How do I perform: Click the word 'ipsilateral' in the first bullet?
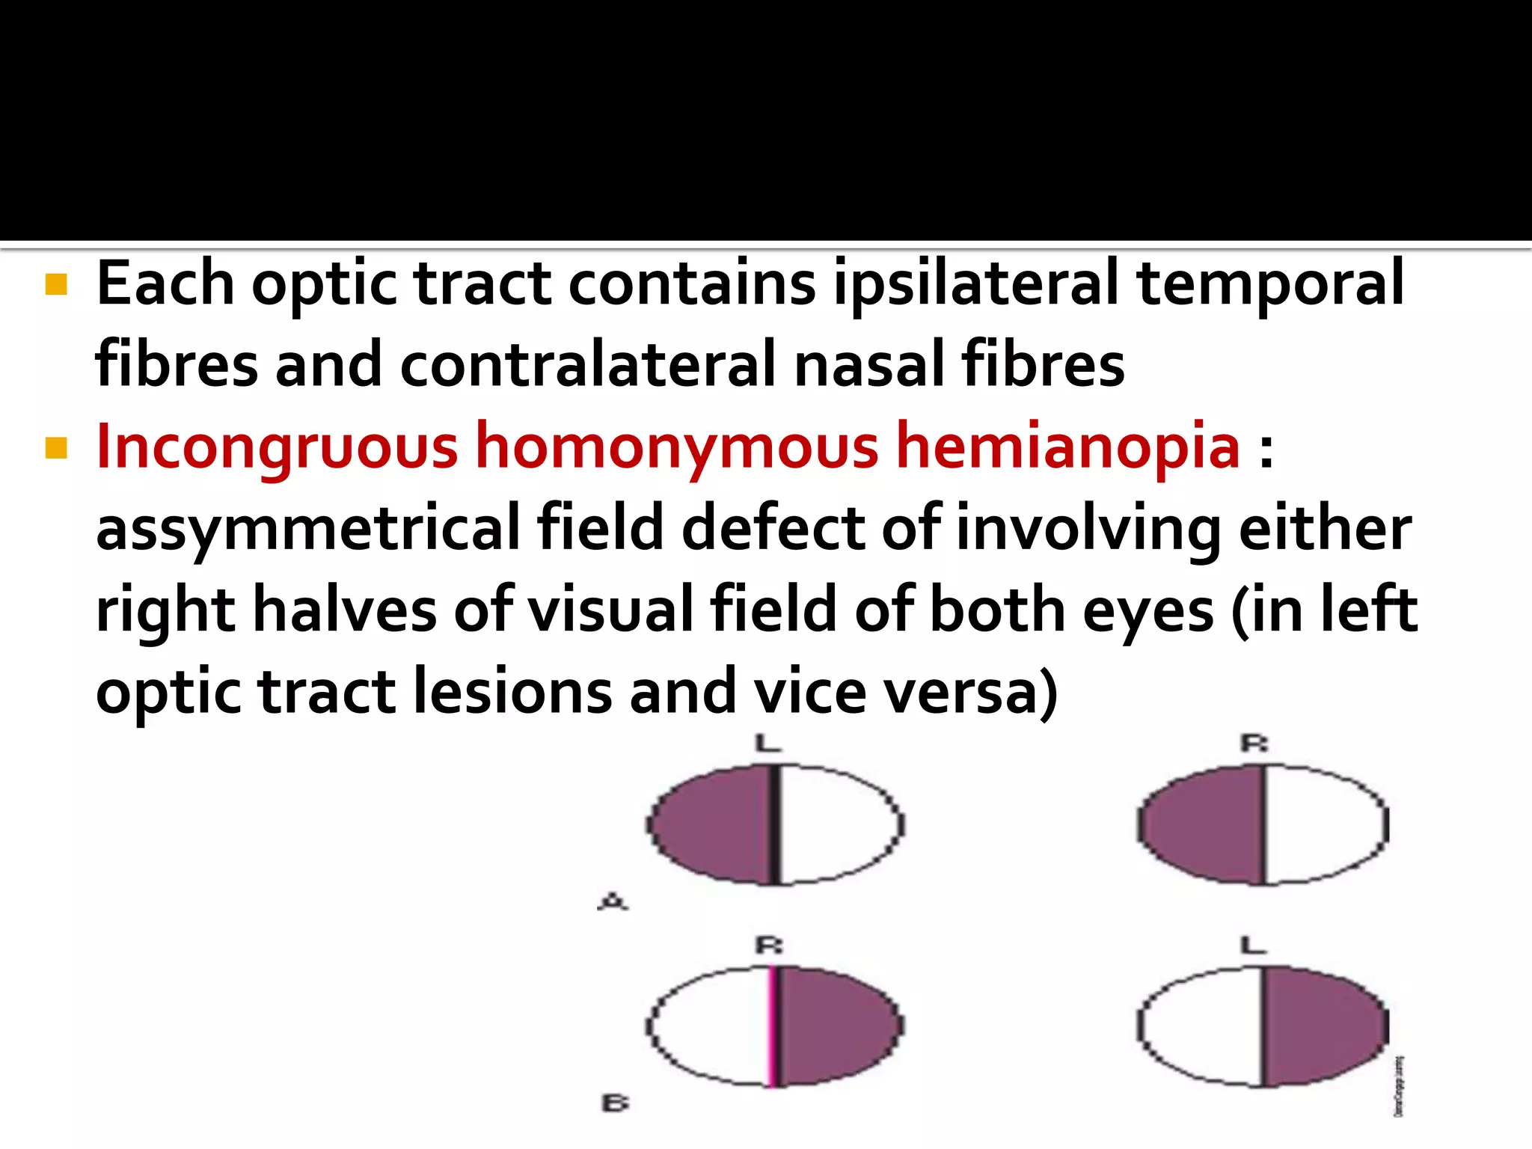click(975, 284)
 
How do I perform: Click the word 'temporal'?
click(1269, 284)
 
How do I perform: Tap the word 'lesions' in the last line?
click(512, 692)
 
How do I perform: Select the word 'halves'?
click(345, 610)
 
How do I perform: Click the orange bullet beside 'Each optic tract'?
click(56, 284)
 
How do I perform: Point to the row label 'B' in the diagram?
click(615, 1103)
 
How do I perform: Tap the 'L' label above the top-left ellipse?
click(768, 743)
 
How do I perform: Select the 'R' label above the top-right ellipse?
click(1254, 743)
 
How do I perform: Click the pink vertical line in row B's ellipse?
click(771, 1026)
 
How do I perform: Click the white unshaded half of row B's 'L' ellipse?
click(1201, 1026)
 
